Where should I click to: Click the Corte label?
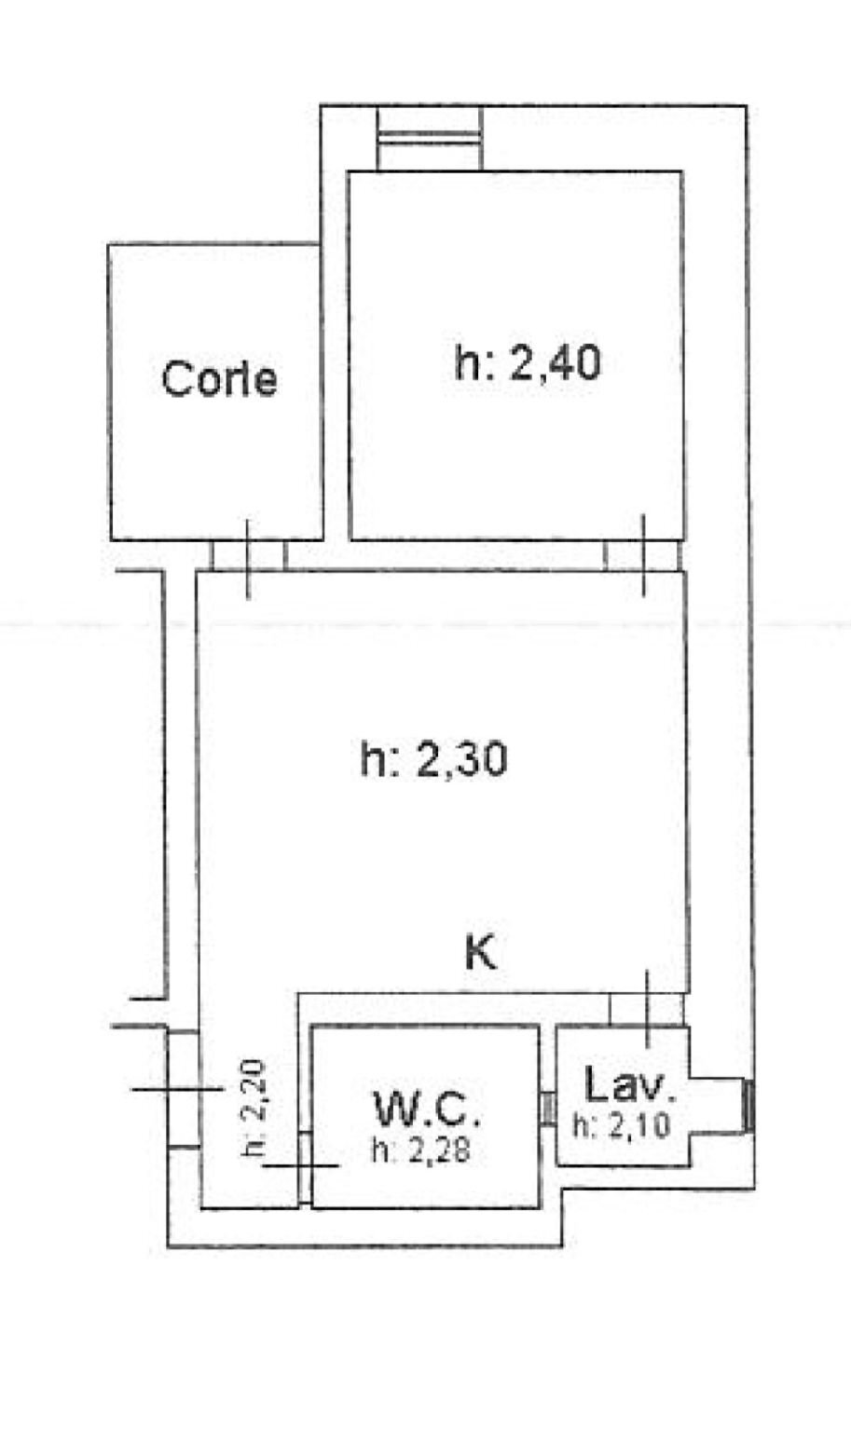point(219,379)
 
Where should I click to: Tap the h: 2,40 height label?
point(528,362)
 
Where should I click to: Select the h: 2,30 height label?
point(433,760)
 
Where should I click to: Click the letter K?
point(480,953)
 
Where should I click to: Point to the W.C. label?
point(427,1109)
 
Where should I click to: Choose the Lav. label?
point(629,1084)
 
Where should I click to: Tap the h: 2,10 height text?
point(621,1126)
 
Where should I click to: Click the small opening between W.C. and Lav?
point(548,1107)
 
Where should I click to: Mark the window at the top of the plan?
point(430,138)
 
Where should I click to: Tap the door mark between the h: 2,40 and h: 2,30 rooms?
point(644,555)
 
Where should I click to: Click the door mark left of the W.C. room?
point(304,1164)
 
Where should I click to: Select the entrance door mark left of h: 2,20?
point(183,1088)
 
